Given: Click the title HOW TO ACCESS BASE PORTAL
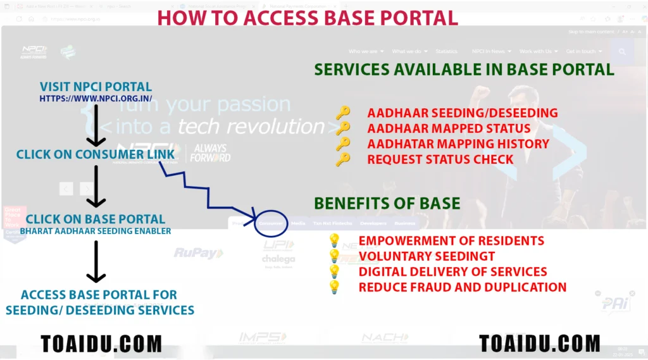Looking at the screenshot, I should click(x=308, y=18).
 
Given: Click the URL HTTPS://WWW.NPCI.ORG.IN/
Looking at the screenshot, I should click(x=96, y=99).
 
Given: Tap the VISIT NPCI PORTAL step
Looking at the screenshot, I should click(x=96, y=87).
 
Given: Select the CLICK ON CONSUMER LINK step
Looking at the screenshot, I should click(x=96, y=154).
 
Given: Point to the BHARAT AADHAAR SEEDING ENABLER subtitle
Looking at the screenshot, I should click(x=96, y=231).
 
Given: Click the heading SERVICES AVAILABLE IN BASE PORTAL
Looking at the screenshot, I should click(x=464, y=69).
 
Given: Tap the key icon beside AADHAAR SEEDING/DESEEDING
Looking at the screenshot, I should click(x=343, y=113).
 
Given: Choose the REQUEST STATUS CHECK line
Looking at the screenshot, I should click(x=440, y=159).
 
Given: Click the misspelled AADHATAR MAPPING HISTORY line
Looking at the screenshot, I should click(x=458, y=144).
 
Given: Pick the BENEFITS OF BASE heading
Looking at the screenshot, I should click(x=387, y=203).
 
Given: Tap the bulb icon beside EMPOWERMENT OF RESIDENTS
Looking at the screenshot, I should click(x=334, y=241).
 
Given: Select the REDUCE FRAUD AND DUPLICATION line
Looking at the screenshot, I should click(x=462, y=287).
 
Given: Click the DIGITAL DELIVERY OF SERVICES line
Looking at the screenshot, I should click(x=452, y=272).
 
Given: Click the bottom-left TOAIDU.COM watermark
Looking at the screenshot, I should click(x=101, y=344).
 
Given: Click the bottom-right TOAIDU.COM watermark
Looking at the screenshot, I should click(x=539, y=343).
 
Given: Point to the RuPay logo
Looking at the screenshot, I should click(x=199, y=254).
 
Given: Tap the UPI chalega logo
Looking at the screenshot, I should click(x=278, y=252).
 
